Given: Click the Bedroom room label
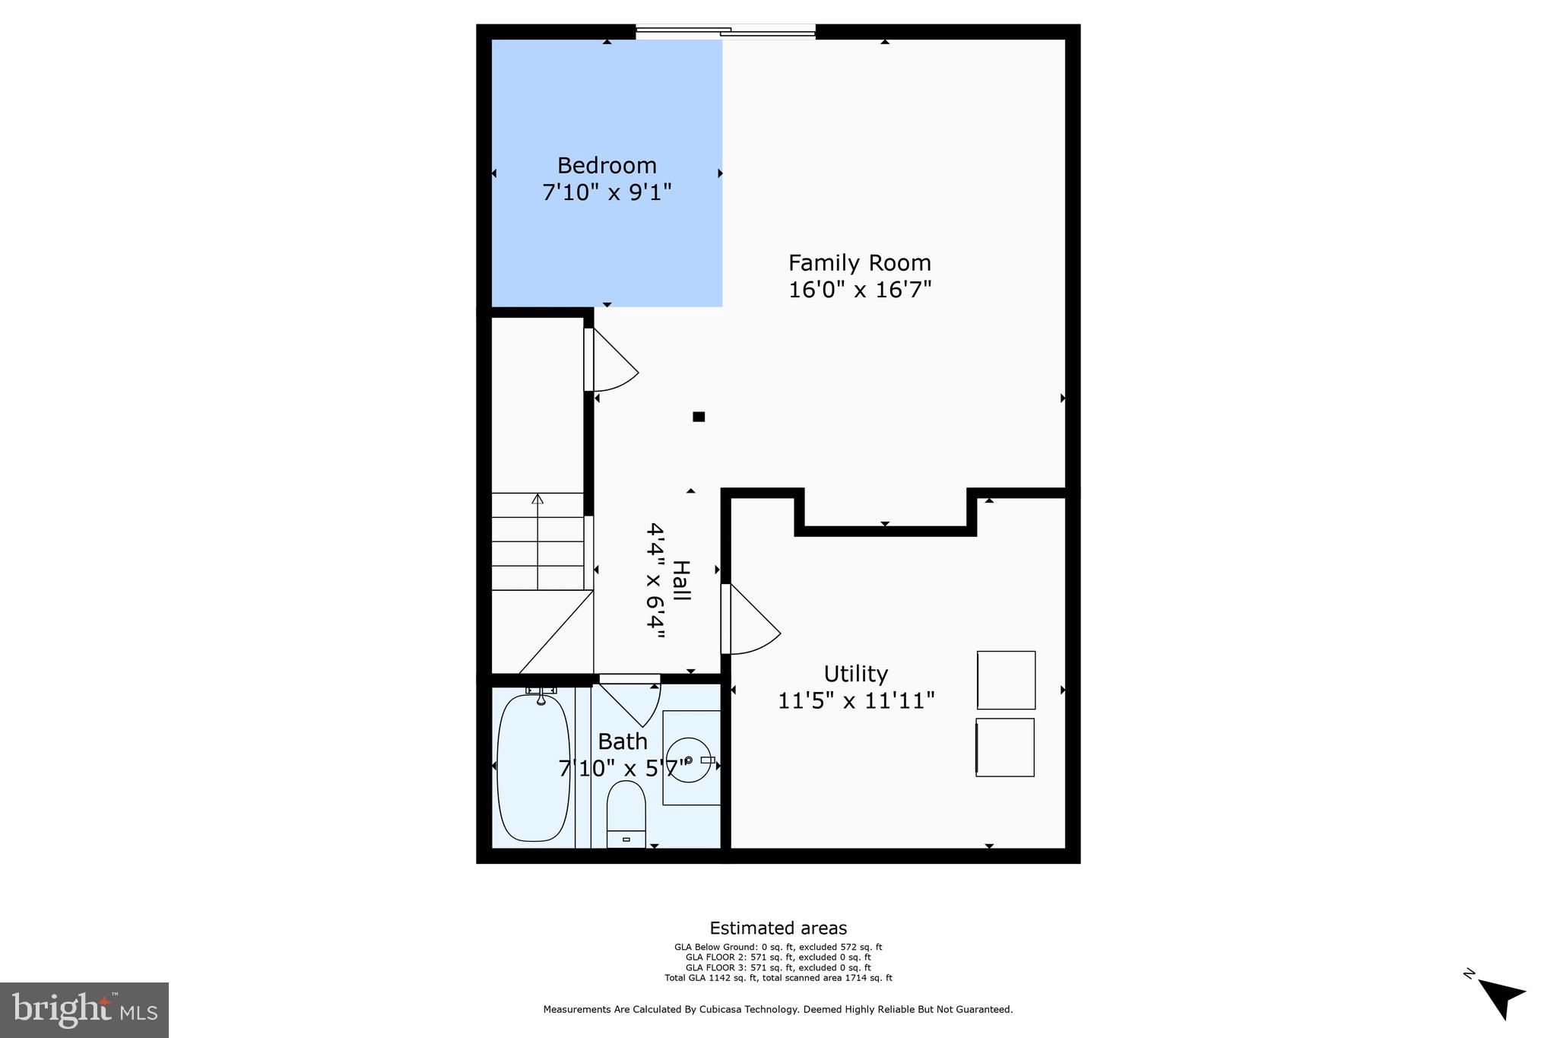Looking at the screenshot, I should point(607,165).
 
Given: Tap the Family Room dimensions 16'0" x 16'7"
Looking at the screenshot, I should point(860,290).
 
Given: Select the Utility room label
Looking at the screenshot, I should point(856,674).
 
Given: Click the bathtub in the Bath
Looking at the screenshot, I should point(533,768).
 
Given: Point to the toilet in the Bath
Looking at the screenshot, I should point(626,814).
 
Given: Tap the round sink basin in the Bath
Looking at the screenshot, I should point(691,759).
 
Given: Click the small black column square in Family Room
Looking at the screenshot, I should point(699,416).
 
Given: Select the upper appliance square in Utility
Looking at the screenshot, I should point(1006,680).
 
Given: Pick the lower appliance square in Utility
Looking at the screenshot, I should point(1005,748).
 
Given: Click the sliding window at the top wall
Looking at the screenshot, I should point(725,32).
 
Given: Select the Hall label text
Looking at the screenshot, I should point(682,582).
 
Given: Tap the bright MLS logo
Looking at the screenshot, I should point(84,1010).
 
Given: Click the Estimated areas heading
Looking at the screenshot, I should point(778,928).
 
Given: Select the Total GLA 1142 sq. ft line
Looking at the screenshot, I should point(778,978).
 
